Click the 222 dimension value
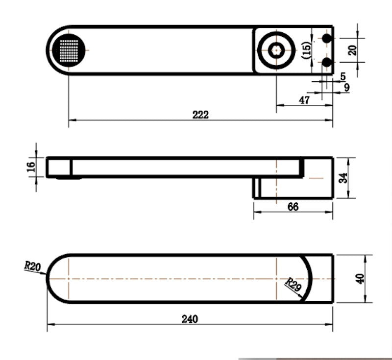[200, 115]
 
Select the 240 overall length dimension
[190, 319]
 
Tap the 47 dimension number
[304, 100]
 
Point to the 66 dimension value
[293, 207]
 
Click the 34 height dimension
[343, 178]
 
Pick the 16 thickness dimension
[31, 167]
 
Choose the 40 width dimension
[360, 279]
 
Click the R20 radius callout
[32, 266]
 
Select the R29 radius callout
[294, 284]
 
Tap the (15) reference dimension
[307, 50]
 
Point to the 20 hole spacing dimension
[352, 50]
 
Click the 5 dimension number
[343, 76]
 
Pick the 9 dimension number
[347, 88]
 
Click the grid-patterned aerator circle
[69, 50]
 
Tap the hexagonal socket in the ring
[276, 50]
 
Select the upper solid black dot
[326, 38]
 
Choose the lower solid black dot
[326, 62]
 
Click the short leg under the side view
[257, 188]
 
